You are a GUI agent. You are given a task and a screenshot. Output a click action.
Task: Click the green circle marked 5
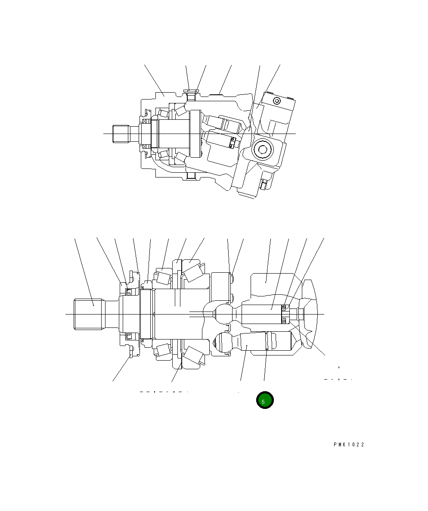(x=265, y=400)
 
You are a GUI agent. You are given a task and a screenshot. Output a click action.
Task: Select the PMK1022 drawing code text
(x=348, y=445)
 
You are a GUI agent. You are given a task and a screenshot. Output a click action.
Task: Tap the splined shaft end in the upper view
(x=121, y=133)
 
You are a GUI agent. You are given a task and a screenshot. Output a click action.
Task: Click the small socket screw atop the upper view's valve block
(x=276, y=101)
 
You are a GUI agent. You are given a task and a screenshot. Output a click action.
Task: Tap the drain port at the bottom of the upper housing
(x=191, y=176)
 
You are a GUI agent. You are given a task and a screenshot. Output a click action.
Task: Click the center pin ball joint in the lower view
(x=223, y=313)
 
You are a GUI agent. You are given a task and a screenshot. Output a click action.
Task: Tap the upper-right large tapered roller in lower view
(x=192, y=272)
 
